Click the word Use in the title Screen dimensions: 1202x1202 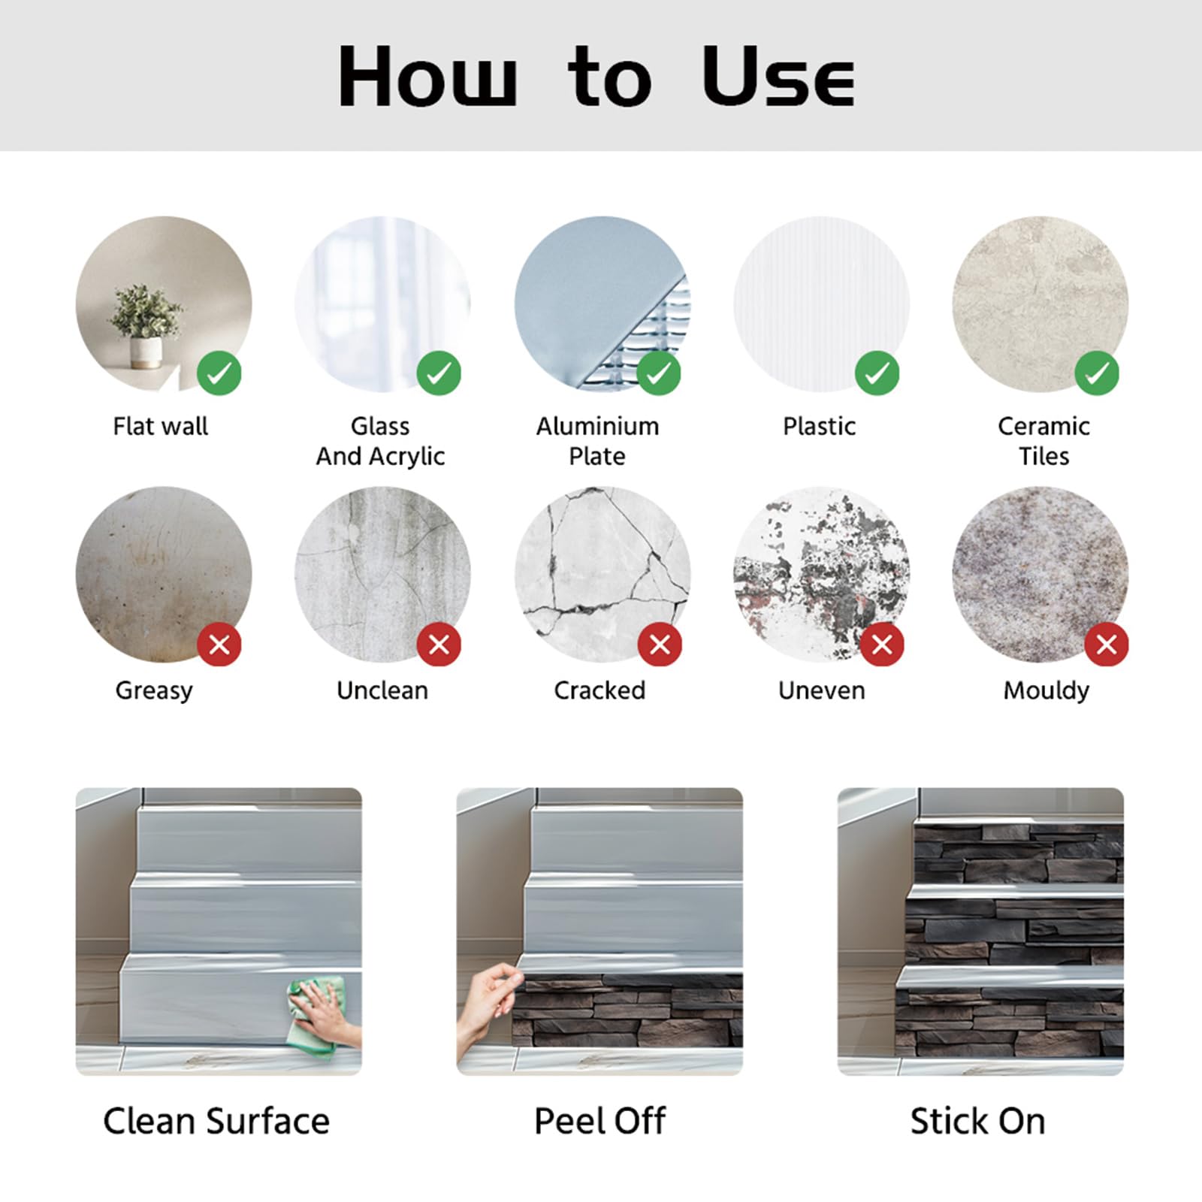[778, 76]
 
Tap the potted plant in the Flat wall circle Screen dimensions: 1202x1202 [145, 326]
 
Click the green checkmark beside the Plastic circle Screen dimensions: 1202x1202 [877, 373]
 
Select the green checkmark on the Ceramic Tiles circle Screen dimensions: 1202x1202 [1097, 373]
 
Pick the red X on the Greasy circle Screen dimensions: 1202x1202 [219, 644]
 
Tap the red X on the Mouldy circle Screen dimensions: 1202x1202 [1107, 644]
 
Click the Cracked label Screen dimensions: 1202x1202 [599, 690]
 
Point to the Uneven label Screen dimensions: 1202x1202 [821, 690]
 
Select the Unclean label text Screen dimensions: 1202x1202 [382, 690]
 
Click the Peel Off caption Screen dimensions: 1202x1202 [599, 1121]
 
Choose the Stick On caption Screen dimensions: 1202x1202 [977, 1121]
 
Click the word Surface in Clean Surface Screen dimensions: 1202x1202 [268, 1121]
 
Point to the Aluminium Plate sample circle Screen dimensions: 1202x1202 [603, 304]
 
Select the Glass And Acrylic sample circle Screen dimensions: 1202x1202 [382, 304]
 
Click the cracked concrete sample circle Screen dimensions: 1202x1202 [603, 575]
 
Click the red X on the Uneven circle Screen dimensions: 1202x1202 [882, 644]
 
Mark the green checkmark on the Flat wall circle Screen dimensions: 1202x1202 [219, 373]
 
